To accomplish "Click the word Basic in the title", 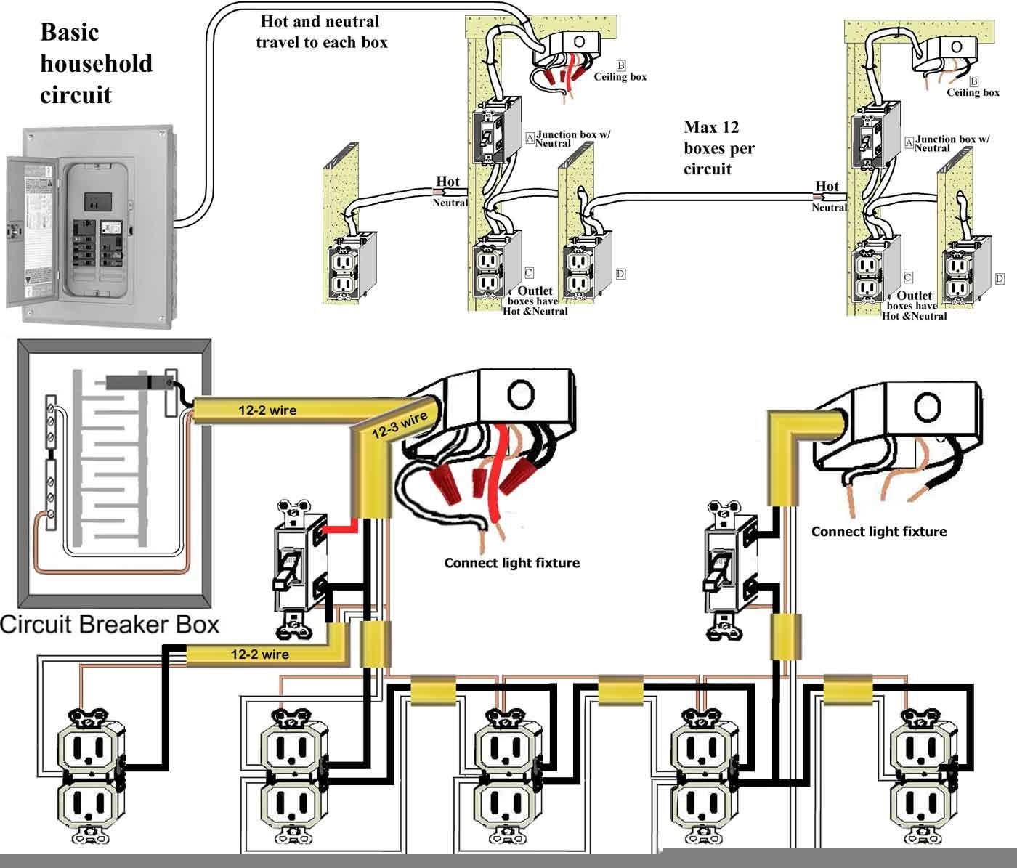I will tap(69, 32).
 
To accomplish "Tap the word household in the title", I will tap(96, 64).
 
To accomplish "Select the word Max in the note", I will tap(700, 128).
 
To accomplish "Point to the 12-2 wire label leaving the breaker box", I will tap(267, 410).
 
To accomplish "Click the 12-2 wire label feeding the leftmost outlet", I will tap(259, 654).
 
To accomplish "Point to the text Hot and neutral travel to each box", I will tap(321, 32).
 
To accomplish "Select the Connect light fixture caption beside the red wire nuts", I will tap(511, 563).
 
